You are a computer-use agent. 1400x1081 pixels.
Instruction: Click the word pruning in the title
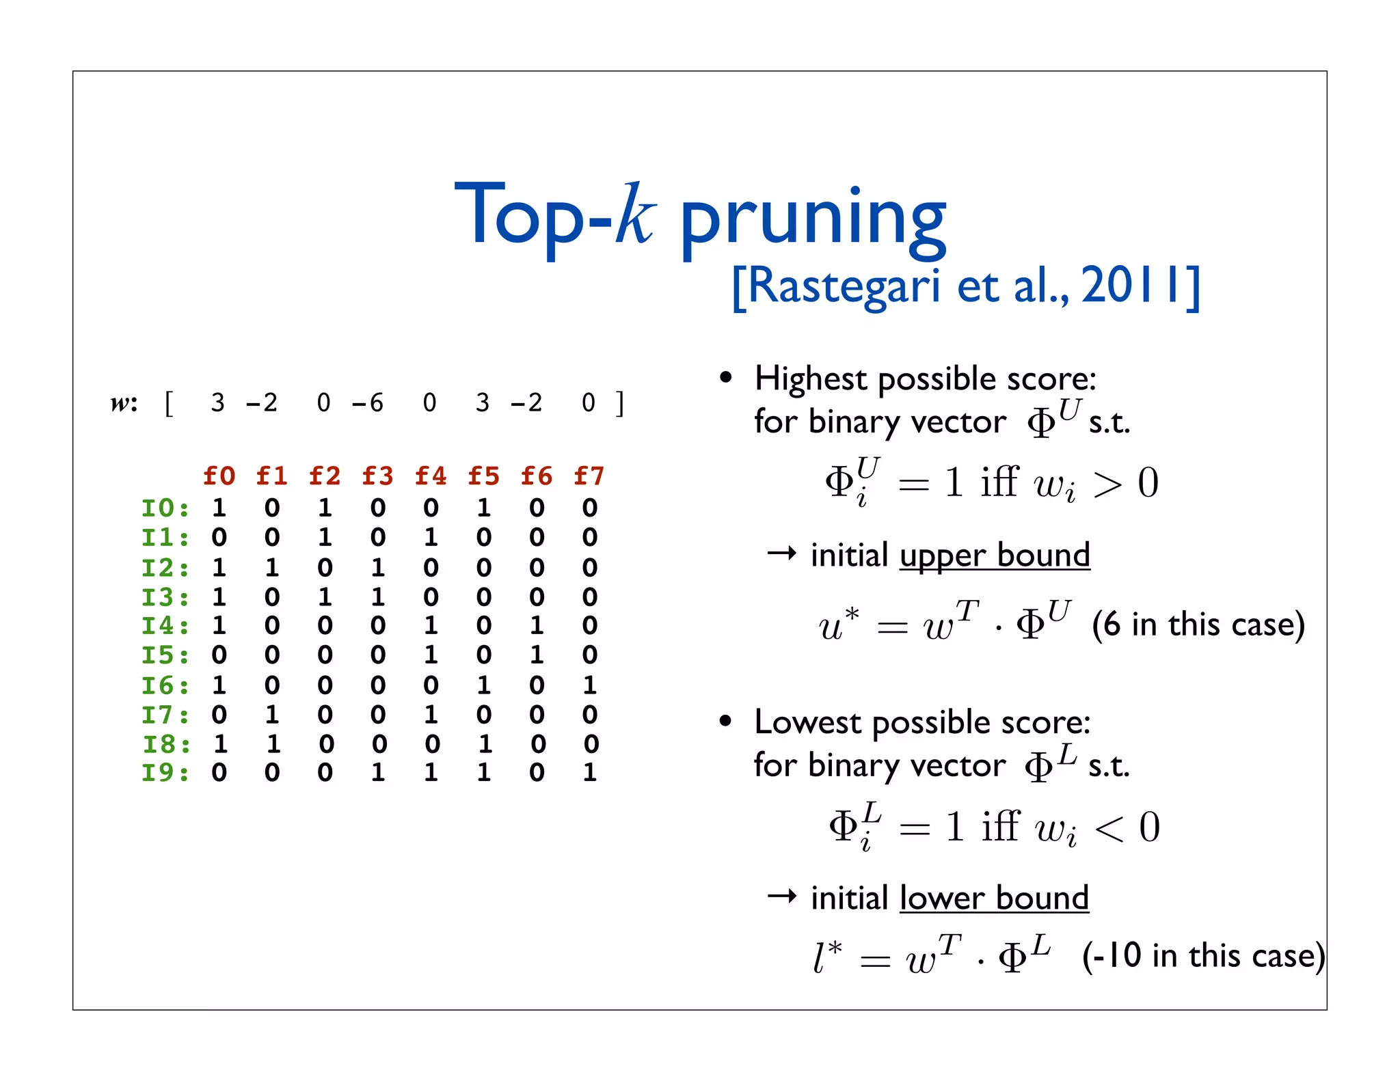(x=813, y=219)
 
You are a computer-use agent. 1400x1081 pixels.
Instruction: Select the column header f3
(x=377, y=476)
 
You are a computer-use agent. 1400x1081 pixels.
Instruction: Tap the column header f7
(x=589, y=476)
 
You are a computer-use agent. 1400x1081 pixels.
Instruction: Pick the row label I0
(x=165, y=508)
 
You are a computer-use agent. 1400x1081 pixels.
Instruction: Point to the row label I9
(x=165, y=773)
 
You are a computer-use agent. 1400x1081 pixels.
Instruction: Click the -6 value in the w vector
(x=368, y=403)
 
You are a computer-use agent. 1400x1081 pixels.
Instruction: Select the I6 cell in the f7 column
(x=590, y=685)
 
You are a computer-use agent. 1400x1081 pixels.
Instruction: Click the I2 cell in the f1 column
(x=272, y=567)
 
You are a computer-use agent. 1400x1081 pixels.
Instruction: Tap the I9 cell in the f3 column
(x=378, y=773)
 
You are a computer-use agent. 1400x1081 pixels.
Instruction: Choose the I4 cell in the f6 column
(x=537, y=625)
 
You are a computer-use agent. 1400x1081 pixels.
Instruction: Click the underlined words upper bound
(x=995, y=555)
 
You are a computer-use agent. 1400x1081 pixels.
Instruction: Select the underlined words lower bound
(x=994, y=898)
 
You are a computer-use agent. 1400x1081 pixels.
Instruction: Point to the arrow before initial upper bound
(x=782, y=553)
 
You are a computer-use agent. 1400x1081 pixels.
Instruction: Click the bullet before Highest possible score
(x=726, y=378)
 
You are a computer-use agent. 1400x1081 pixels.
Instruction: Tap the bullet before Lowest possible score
(x=726, y=722)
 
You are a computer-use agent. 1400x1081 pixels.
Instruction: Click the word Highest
(x=810, y=379)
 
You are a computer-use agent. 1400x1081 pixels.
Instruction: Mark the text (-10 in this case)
(x=1203, y=955)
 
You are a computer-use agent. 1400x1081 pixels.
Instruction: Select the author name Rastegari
(x=844, y=286)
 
